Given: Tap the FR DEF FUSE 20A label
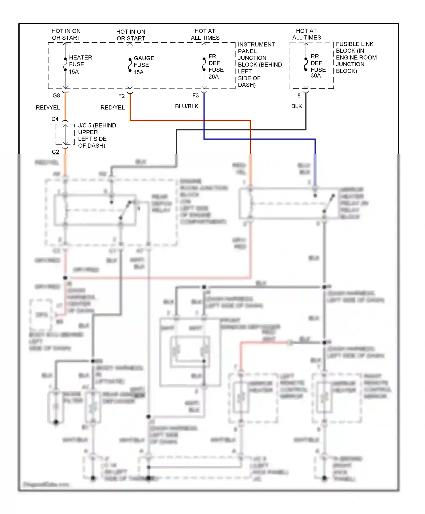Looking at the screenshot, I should coord(216,66).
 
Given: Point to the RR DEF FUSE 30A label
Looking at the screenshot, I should coord(318,66).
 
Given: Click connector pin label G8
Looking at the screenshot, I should coord(56,95).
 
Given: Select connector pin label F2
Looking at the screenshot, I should coord(121,96).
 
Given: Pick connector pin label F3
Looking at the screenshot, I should coord(195,95).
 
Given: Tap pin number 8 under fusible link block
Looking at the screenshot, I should coord(299,95).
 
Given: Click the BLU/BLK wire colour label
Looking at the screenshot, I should coord(187,106).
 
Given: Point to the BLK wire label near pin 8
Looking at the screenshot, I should coord(297,106).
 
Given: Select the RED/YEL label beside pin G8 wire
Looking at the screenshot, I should coord(48,108).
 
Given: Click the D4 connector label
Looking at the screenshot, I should coord(55,119).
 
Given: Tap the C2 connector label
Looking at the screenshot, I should coord(55,152).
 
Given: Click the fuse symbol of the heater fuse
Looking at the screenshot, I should coord(65,65).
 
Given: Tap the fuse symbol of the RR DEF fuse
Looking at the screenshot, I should coord(306,65).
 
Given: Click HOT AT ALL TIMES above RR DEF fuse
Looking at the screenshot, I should coord(306,34).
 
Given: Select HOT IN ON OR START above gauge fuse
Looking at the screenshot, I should coord(131,35).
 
